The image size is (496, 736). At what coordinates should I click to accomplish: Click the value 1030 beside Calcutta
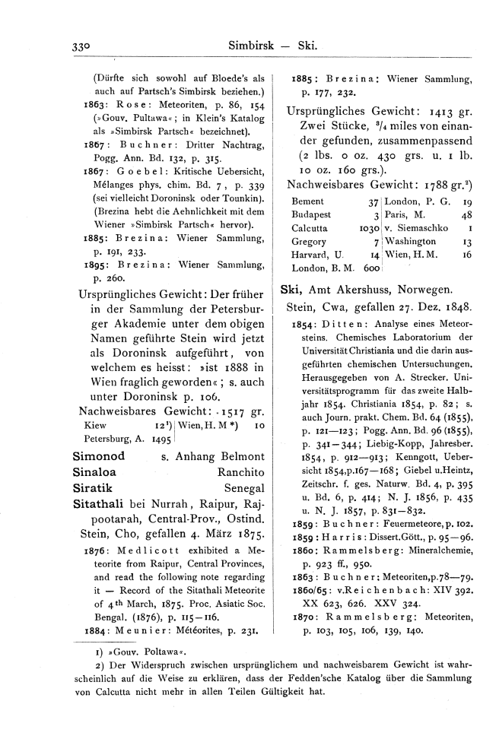(368, 227)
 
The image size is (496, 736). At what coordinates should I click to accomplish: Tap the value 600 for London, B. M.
(371, 268)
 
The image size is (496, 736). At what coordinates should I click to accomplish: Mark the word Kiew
(91, 427)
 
